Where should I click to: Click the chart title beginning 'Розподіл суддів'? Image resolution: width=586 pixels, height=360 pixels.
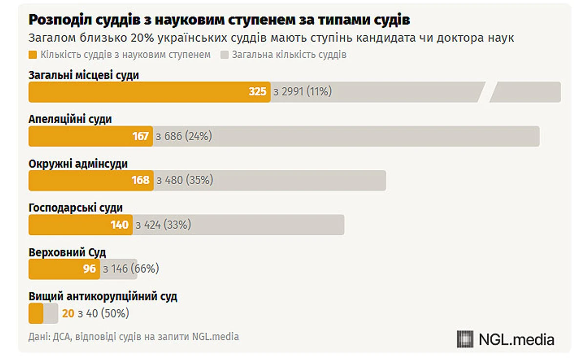click(219, 20)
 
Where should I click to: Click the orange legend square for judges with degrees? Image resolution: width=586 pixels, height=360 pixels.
click(33, 55)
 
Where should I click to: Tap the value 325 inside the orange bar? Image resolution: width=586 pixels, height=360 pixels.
click(257, 91)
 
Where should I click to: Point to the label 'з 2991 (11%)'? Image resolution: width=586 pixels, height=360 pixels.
click(303, 91)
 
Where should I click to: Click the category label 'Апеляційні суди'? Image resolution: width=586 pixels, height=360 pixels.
click(70, 119)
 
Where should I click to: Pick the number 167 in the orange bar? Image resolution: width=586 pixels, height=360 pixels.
click(141, 136)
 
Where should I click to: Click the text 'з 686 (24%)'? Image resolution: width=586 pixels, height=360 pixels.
click(184, 136)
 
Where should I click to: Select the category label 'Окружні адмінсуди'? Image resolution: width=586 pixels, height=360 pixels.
click(78, 164)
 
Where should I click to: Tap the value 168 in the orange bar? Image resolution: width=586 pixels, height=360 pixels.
click(141, 180)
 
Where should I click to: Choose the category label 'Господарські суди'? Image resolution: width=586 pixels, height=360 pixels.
click(75, 208)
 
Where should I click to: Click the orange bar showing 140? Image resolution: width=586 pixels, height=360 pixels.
click(81, 225)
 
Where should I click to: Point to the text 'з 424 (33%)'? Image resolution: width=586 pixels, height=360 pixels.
click(164, 225)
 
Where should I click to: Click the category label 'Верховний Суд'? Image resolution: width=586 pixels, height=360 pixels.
click(67, 253)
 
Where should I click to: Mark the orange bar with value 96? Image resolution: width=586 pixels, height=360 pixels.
click(63, 269)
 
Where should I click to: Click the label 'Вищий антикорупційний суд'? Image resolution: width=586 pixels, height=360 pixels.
click(103, 296)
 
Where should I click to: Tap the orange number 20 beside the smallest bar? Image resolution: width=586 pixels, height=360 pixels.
click(68, 313)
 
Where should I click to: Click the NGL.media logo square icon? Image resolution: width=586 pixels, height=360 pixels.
click(465, 339)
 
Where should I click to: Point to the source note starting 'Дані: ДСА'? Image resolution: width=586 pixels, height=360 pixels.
click(134, 337)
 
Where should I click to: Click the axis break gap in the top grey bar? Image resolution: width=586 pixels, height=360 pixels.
click(487, 92)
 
